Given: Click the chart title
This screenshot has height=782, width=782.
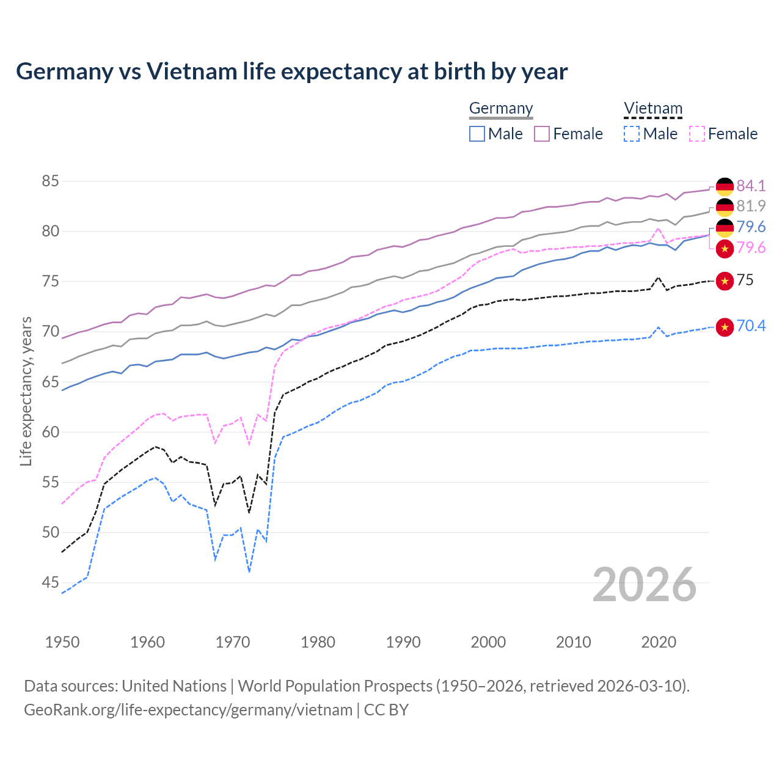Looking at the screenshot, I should (291, 71).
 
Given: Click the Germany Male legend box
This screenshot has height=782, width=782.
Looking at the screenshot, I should (477, 134).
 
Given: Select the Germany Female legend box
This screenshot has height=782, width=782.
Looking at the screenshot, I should (542, 134).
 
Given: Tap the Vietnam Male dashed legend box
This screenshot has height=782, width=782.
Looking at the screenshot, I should (632, 134).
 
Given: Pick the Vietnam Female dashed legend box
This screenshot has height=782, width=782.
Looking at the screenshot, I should (697, 134).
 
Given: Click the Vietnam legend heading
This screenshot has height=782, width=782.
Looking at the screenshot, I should (652, 109).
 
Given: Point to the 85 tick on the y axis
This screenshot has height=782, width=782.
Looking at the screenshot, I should (50, 181).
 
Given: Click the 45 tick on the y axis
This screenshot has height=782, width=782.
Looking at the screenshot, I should (50, 583).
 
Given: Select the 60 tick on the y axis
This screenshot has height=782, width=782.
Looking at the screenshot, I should (50, 432).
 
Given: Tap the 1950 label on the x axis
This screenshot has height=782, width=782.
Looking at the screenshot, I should (62, 642).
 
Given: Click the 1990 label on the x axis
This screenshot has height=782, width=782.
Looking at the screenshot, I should (403, 642).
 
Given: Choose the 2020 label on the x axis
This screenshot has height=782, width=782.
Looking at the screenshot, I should (659, 642).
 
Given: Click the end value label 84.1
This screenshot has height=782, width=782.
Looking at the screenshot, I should (751, 186).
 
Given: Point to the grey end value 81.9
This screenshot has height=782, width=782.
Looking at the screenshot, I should (751, 206).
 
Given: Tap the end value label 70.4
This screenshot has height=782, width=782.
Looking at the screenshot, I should (751, 326).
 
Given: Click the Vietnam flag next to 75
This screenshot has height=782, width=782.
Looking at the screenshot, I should (725, 281).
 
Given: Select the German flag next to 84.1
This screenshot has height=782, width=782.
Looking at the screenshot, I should (725, 186).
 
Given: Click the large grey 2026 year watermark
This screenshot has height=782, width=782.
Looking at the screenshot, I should (644, 585).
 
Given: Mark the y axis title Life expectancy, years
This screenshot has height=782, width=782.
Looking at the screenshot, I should (26, 391).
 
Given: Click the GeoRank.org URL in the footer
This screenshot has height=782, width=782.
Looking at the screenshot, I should (188, 710).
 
